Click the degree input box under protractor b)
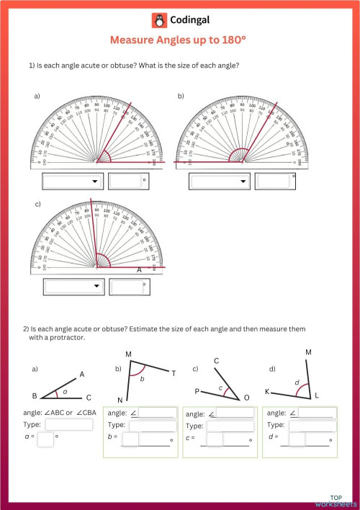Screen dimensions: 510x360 pos(272,182)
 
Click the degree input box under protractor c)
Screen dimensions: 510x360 pos(130,287)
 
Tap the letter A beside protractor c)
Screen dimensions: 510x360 pos(140,269)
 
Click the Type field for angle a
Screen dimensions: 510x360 pos(69,425)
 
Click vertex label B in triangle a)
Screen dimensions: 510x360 pos(34,396)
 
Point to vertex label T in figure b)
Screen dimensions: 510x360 pos(173,372)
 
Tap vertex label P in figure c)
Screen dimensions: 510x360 pos(196,391)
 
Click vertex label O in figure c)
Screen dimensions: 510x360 pos(247,397)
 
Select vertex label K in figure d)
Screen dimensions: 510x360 pos(267,392)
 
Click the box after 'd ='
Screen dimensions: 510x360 pos(297,439)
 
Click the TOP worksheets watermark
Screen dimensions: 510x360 pos(343,500)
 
